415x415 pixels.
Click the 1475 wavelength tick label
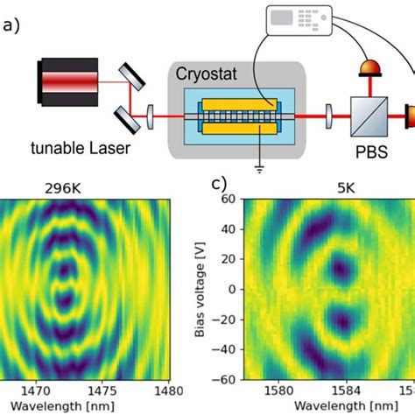point(99,390)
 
